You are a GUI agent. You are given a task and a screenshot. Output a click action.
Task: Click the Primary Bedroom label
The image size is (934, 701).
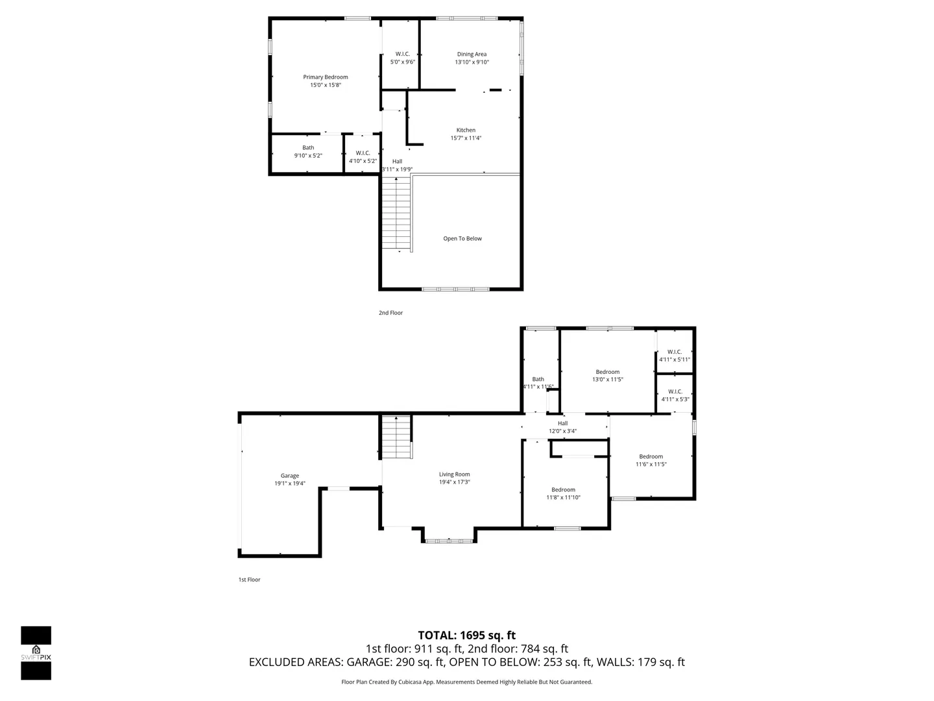pyautogui.click(x=325, y=77)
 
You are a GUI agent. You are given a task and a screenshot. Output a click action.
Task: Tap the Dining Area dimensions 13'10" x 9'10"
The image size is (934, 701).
pyautogui.click(x=472, y=62)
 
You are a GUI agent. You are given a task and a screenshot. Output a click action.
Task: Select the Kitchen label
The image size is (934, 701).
pyautogui.click(x=466, y=130)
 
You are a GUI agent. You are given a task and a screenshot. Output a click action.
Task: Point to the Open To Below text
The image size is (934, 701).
pyautogui.click(x=462, y=239)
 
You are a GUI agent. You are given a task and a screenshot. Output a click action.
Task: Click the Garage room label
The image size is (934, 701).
pyautogui.click(x=289, y=476)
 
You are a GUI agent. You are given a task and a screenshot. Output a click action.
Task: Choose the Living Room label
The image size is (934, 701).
pyautogui.click(x=454, y=474)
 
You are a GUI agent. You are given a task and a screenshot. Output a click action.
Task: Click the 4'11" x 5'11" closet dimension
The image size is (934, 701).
pyautogui.click(x=675, y=360)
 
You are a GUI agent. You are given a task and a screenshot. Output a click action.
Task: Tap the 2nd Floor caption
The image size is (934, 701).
pyautogui.click(x=390, y=313)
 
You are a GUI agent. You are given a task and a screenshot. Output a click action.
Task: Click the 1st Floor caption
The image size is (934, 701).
pyautogui.click(x=249, y=580)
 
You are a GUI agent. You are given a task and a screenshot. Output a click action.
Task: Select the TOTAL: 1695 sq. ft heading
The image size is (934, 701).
pyautogui.click(x=466, y=635)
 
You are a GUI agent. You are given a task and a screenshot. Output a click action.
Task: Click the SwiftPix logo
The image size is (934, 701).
pyautogui.click(x=36, y=653)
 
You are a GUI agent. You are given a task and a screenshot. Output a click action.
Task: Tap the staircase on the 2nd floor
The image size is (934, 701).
pyautogui.click(x=396, y=214)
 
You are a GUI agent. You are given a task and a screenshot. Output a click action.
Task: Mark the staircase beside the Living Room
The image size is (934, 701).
pyautogui.click(x=396, y=437)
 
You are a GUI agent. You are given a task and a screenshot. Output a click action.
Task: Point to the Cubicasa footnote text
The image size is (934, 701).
pyautogui.click(x=466, y=682)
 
